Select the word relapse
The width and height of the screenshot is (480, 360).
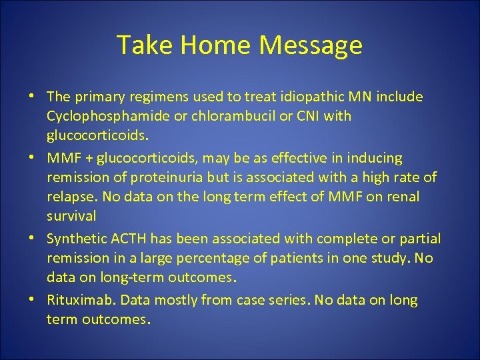coord(68,197)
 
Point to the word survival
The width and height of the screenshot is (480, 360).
coord(71,216)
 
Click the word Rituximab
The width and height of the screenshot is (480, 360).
coord(77,300)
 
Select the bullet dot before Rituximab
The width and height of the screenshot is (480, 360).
coord(32,300)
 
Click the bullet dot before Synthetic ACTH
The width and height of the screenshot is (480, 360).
coord(32,239)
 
